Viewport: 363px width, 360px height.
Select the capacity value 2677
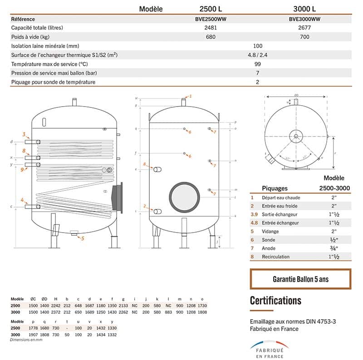tap(304, 28)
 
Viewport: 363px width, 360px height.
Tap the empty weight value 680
tap(211, 37)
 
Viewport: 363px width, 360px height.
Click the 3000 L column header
tap(304, 9)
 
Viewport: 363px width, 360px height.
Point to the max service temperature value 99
tap(257, 64)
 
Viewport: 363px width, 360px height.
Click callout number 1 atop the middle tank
tap(191, 96)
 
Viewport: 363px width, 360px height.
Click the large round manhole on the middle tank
tap(184, 196)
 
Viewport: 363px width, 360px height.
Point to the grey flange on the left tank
tap(117, 197)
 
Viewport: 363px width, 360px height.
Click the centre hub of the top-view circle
tap(296, 135)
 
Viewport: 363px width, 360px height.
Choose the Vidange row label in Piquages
tap(271, 231)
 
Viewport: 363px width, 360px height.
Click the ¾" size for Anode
tap(333, 248)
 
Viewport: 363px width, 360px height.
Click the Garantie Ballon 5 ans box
tap(300, 279)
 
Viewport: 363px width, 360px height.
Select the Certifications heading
tap(275, 301)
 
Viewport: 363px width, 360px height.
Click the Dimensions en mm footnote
tap(26, 339)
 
